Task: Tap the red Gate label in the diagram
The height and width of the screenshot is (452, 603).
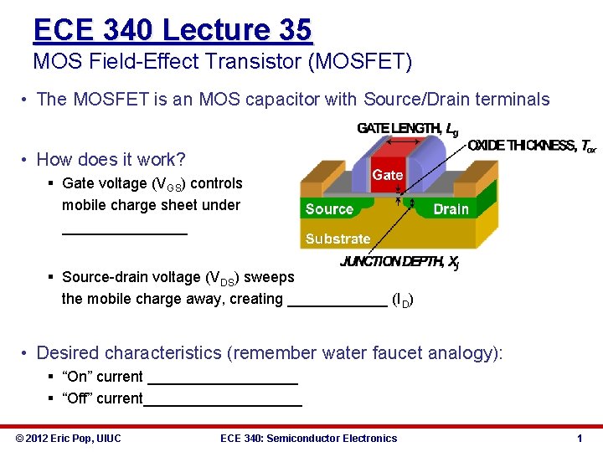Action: [x=387, y=175]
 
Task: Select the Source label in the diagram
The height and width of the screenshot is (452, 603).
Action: [x=329, y=209]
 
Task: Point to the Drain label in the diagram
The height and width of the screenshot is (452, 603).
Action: [x=451, y=209]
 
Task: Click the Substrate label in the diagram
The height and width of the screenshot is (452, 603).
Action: [x=338, y=239]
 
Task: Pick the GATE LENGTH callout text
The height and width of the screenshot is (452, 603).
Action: [x=407, y=128]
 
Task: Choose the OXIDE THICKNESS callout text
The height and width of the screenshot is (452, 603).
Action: [x=532, y=146]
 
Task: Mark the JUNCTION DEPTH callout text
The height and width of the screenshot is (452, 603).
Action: [x=399, y=262]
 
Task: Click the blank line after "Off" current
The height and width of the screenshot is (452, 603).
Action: [x=223, y=404]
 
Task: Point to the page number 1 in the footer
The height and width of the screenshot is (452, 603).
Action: [x=580, y=438]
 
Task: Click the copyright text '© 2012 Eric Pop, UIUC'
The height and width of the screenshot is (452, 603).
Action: [x=69, y=438]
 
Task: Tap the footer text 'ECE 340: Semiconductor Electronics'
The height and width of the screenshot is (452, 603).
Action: [x=308, y=438]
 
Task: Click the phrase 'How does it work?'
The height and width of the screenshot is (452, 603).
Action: [x=111, y=159]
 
